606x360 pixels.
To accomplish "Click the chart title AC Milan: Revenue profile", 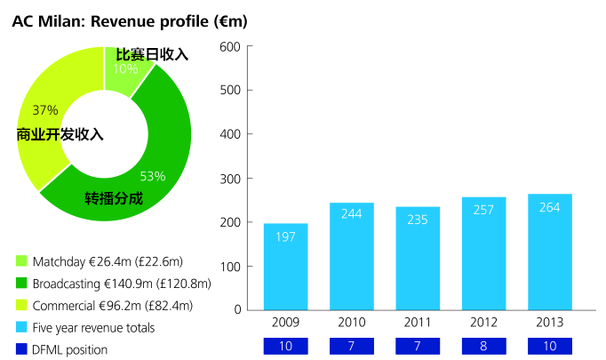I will (130, 20).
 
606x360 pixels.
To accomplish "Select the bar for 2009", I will (285, 267).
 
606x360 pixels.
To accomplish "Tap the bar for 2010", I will (351, 256).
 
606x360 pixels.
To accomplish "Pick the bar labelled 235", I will (418, 258).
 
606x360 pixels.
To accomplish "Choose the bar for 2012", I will (483, 253).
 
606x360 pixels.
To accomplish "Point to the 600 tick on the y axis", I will (230, 46).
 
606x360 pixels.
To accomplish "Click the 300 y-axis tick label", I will (230, 178).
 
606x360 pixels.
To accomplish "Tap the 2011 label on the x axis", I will (418, 322).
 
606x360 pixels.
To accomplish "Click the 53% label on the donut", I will (152, 176).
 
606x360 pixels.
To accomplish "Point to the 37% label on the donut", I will (44, 110).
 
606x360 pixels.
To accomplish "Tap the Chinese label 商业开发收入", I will (60, 135).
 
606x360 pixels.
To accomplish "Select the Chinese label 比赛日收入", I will (152, 54).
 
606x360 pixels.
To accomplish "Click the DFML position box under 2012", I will (483, 345).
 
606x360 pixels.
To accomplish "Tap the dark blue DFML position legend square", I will (21, 349).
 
